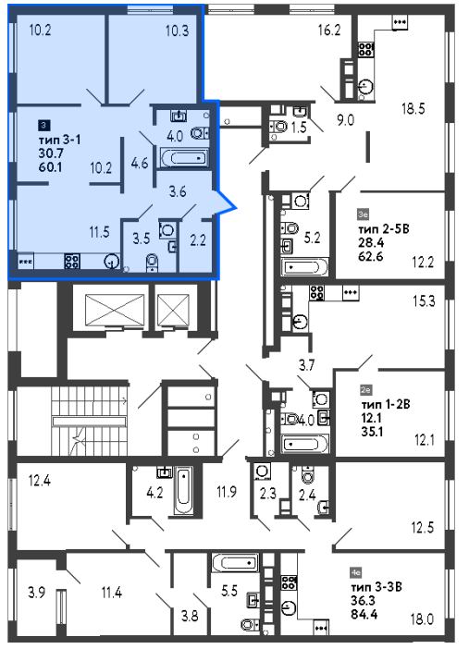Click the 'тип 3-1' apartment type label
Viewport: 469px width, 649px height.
pos(59,140)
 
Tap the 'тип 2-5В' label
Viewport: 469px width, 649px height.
pos(383,228)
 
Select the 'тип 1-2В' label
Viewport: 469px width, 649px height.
pos(386,404)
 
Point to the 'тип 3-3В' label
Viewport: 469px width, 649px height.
pos(376,586)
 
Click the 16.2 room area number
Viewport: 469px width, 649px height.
pos(329,30)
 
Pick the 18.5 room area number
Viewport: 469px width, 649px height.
pos(413,108)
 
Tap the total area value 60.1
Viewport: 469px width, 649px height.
pos(50,167)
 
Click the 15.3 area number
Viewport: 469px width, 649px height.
pos(424,300)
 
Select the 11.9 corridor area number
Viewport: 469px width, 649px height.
pos(227,492)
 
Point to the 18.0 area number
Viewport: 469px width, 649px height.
pos(422,619)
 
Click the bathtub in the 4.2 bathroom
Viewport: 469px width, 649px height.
pos(183,491)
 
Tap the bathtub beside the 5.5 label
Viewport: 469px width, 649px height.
pos(234,563)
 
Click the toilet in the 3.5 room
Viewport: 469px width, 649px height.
pos(153,263)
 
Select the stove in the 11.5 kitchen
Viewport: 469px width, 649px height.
pos(72,262)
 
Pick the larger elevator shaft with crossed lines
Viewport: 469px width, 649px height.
pos(114,310)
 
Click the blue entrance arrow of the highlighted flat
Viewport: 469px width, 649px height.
pos(226,203)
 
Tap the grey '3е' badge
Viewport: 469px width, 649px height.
pos(363,214)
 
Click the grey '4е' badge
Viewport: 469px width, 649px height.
pos(356,573)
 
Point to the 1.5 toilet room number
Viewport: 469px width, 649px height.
pos(298,127)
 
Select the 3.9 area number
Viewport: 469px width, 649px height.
pos(36,593)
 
